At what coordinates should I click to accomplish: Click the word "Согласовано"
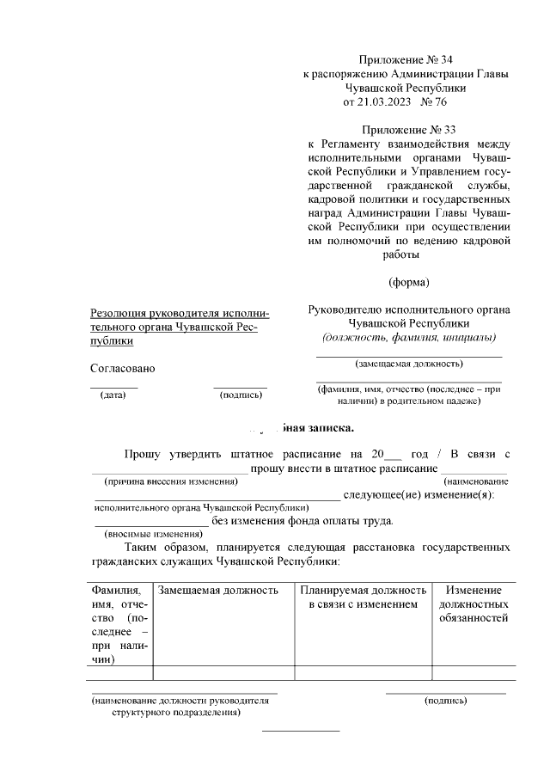[x=122, y=368]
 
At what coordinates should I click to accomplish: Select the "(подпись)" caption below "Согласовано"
[x=241, y=395]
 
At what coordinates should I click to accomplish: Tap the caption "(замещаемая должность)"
[x=408, y=364]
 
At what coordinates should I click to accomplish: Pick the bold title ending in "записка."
[x=301, y=426]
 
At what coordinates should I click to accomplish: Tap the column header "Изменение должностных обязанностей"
[x=474, y=604]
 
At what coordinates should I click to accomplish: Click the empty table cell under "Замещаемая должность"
[x=221, y=672]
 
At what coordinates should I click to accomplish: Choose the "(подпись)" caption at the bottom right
[x=445, y=701]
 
